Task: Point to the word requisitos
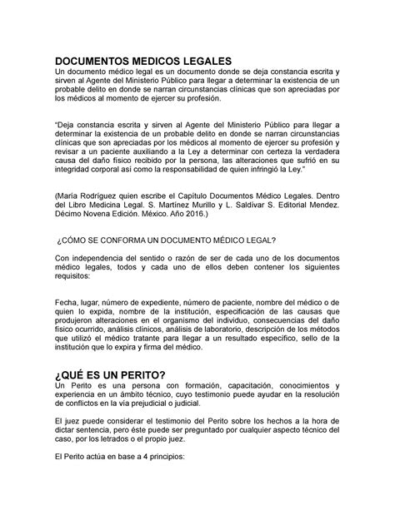tap(74, 281)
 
